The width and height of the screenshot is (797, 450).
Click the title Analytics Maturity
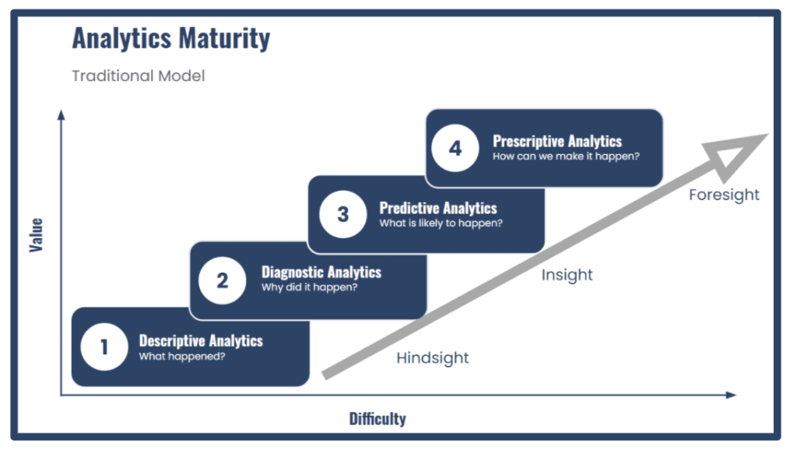[x=171, y=39]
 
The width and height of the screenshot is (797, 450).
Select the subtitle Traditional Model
[x=139, y=76]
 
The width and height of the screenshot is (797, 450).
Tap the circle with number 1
[x=104, y=346]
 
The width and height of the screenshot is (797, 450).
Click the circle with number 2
[x=222, y=279]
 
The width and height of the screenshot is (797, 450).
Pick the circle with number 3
[x=342, y=214]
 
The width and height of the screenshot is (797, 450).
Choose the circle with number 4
[x=455, y=148]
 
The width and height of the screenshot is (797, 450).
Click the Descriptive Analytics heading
[x=201, y=340]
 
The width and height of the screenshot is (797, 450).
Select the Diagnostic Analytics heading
[x=321, y=272]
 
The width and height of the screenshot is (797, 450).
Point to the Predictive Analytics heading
[x=438, y=208]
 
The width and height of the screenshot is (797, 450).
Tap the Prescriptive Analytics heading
[x=557, y=141]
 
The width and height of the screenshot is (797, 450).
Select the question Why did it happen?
[x=309, y=287]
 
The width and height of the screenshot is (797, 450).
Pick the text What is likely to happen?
[x=441, y=223]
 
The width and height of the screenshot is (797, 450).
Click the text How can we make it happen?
[x=566, y=156]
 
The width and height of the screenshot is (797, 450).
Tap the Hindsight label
[x=433, y=358]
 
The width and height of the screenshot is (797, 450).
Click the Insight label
[x=567, y=275]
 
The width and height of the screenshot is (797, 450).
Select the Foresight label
[x=724, y=195]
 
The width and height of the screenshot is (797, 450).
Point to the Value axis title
[x=37, y=234]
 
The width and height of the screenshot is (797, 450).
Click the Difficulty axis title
[x=377, y=419]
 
